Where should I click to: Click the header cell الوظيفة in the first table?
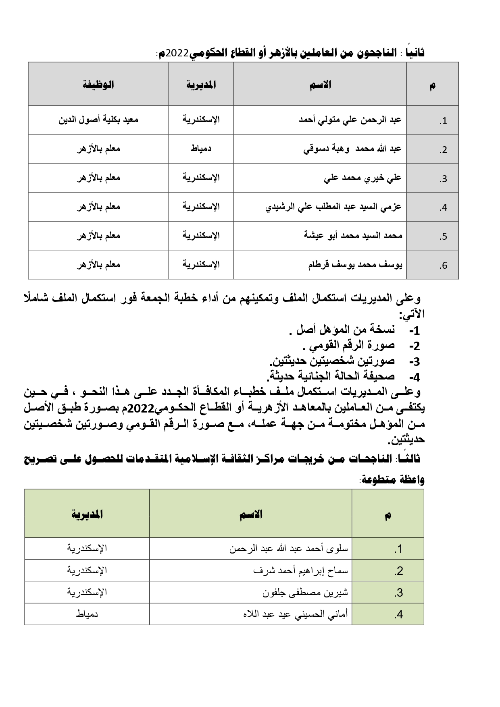98,85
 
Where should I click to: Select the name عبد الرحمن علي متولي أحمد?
350,120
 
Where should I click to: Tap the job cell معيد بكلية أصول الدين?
98,120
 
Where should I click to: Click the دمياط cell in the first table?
201,149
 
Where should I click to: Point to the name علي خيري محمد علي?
363,178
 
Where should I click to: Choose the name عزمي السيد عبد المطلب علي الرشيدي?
333,207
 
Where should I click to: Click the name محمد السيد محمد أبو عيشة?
353,236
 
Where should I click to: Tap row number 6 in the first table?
444,265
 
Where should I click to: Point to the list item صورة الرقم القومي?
348,346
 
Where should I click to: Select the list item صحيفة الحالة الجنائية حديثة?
331,376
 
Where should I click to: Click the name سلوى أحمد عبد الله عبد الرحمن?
289,548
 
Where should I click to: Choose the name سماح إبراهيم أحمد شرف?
301,570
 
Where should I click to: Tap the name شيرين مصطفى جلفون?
305,592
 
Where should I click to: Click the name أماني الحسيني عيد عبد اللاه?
296,614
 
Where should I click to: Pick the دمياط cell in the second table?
87,614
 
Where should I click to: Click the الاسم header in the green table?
250,514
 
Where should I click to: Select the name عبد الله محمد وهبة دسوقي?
352,149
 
